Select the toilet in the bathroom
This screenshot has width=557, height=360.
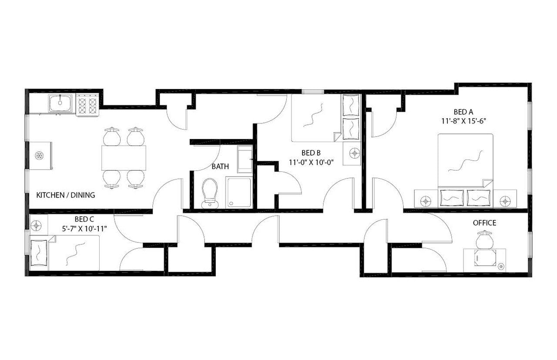[x=210, y=193]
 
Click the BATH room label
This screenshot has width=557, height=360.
[x=220, y=167]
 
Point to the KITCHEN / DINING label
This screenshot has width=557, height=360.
[x=65, y=195]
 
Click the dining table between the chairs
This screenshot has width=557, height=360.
[x=124, y=158]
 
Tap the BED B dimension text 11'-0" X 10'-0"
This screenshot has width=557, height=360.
[x=311, y=162]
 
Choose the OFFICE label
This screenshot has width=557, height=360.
[x=484, y=223]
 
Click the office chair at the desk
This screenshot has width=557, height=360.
[x=484, y=240]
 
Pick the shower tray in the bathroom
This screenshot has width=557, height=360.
[x=238, y=192]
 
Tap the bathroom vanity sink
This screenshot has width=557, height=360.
[x=245, y=159]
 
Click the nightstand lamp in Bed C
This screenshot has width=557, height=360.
[x=37, y=226]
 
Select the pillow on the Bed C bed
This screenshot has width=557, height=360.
[x=39, y=253]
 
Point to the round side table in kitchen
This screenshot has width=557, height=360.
[x=39, y=156]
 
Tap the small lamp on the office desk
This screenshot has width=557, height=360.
[x=501, y=266]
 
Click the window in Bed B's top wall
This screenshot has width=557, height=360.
[x=313, y=91]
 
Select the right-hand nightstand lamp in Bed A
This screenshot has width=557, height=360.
[x=505, y=200]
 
